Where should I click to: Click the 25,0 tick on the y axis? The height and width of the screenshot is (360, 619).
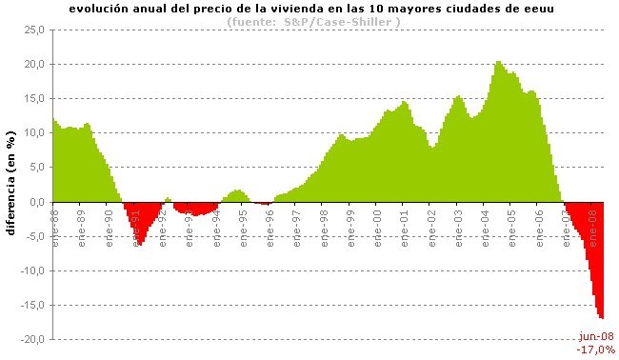click(36, 30)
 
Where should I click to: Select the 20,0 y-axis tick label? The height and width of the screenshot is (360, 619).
click(36, 64)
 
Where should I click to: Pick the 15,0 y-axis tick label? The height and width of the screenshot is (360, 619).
click(36, 98)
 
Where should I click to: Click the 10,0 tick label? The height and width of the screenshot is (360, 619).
click(36, 132)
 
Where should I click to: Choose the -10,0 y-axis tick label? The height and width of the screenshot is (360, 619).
click(34, 270)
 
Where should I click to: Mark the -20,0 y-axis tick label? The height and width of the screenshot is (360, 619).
click(34, 339)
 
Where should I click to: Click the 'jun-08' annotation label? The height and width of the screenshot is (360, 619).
click(596, 336)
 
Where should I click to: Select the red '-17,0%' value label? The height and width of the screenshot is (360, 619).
click(596, 349)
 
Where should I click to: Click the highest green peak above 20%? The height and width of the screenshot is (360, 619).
click(498, 63)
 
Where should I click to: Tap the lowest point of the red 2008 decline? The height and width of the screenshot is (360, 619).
click(602, 317)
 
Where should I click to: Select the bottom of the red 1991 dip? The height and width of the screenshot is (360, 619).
click(140, 244)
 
